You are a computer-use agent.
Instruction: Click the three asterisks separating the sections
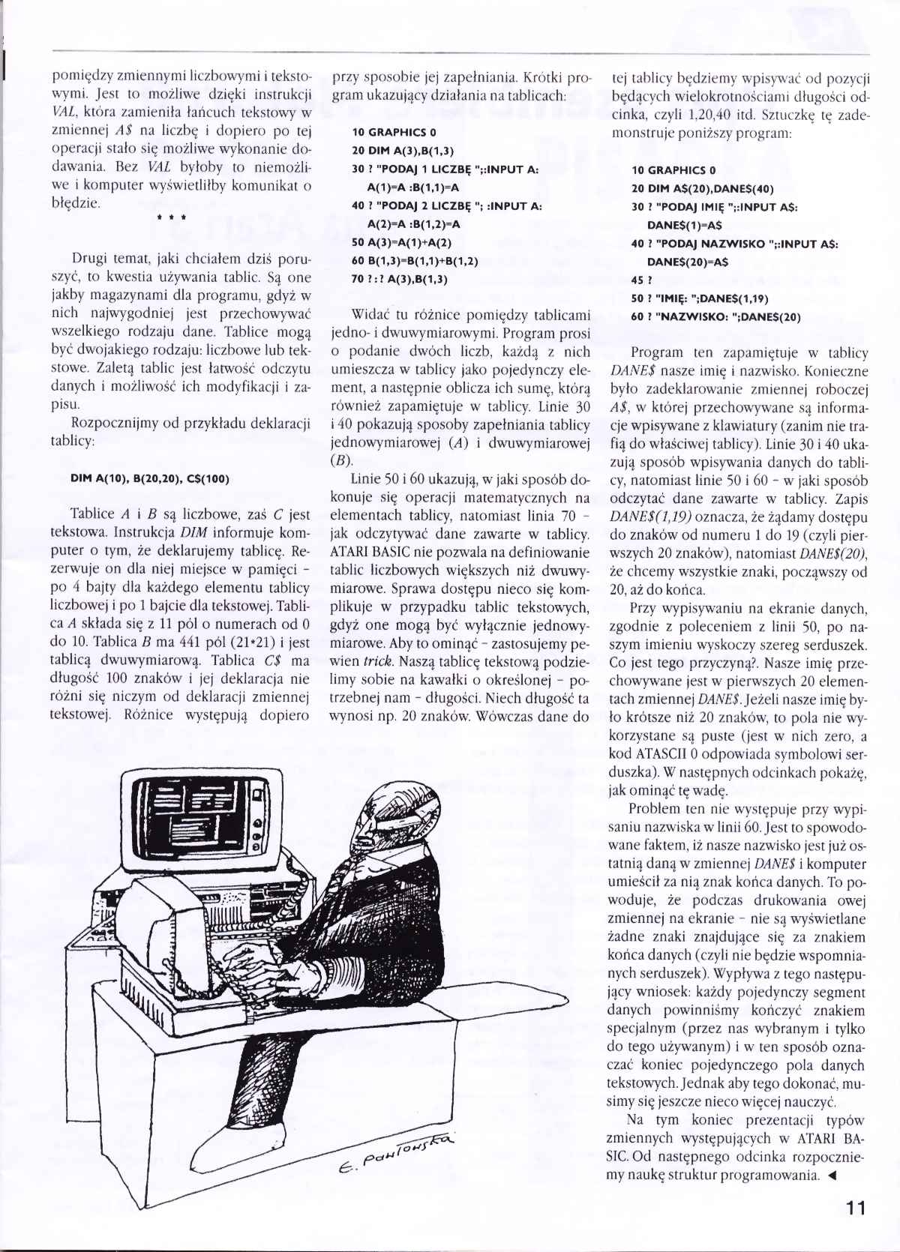172,218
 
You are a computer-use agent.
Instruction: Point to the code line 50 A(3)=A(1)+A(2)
403,244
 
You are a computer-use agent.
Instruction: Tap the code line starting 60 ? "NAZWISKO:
715,316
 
